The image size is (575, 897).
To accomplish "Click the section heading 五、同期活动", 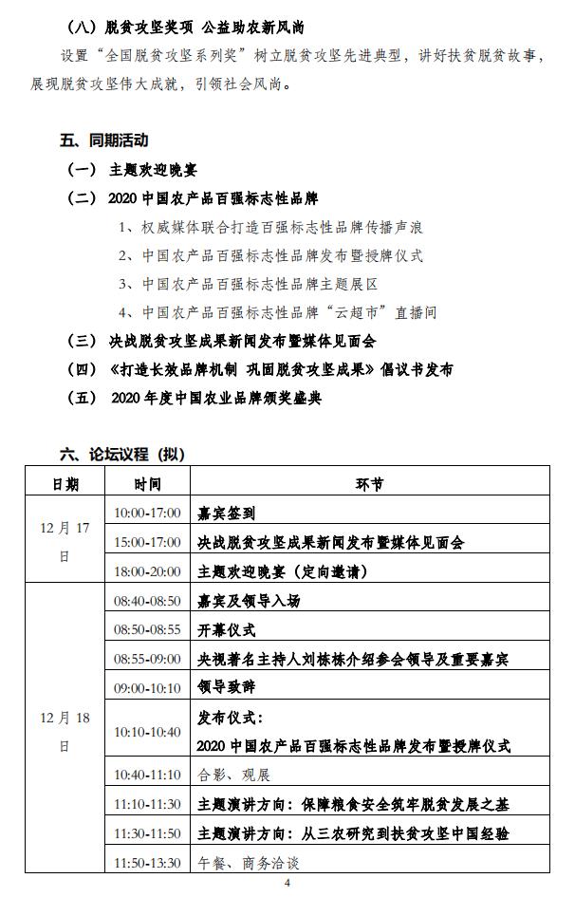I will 104,140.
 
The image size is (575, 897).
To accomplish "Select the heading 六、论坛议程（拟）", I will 122,455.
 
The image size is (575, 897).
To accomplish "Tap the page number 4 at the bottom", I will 287,883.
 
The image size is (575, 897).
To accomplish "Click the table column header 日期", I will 65,484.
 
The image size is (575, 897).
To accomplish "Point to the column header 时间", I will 147,484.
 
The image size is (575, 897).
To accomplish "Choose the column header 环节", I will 370,484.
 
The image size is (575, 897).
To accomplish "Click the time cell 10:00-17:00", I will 147,513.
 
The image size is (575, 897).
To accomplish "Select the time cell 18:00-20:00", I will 147,572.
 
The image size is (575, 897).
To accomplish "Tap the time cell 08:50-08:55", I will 147,629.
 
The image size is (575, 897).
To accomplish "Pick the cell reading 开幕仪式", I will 226,629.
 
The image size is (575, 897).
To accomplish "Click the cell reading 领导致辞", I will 226,686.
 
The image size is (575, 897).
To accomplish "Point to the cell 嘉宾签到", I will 226,513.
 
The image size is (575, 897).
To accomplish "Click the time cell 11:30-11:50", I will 147,832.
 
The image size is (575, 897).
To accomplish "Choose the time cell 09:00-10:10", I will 147,686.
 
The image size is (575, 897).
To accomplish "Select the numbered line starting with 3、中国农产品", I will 249,284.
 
